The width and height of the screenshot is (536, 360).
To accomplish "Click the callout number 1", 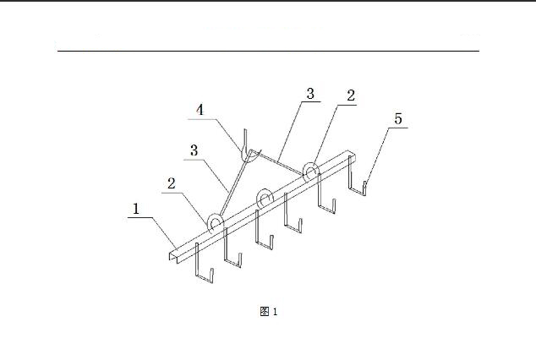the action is tap(136, 209).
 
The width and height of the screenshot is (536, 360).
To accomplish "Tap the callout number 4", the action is tap(200, 110).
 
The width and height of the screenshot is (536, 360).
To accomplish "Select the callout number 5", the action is tap(398, 118).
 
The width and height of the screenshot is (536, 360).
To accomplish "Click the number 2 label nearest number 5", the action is tap(351, 95).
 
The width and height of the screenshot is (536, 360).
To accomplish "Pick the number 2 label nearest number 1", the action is tap(172, 183).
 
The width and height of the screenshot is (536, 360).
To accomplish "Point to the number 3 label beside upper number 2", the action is tap(310, 94).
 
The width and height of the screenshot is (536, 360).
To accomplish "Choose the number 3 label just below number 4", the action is tap(194, 150).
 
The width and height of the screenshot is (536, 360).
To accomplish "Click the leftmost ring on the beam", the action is tap(216, 224).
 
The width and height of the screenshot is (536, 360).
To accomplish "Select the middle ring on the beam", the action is tap(265, 198).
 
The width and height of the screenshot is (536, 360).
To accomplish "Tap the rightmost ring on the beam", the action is tap(311, 172).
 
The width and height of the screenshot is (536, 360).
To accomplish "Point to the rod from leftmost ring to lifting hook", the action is tap(234, 185).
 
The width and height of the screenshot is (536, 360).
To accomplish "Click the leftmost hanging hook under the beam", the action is tap(205, 263).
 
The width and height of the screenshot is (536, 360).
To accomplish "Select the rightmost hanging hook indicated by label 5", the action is tap(358, 176).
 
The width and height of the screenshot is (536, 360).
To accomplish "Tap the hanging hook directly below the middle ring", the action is tap(265, 230).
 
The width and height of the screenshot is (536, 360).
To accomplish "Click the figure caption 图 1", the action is tap(269, 312).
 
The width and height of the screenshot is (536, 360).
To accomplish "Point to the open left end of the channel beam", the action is tap(173, 256).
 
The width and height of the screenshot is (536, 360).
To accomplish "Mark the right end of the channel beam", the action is tap(351, 154).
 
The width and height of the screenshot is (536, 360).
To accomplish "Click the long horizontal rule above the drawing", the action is tap(268, 51).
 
